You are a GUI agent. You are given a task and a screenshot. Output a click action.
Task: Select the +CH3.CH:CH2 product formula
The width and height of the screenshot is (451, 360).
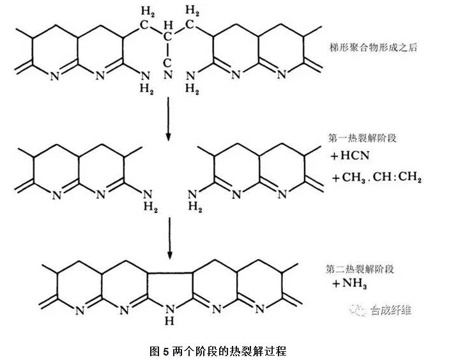click(375, 178)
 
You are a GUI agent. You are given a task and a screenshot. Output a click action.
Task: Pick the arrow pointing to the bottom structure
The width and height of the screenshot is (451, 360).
click(169, 239)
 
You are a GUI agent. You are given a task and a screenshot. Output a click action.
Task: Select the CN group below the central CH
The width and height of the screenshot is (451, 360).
click(168, 70)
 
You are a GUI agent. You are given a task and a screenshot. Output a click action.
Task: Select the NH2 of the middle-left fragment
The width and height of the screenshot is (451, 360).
click(146, 197)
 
